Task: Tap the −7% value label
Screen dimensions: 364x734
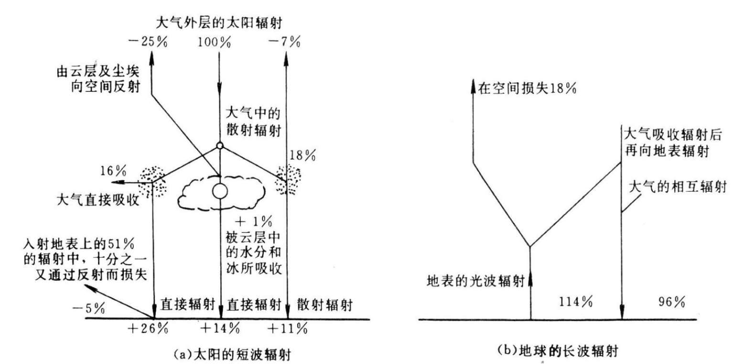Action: (285, 42)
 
